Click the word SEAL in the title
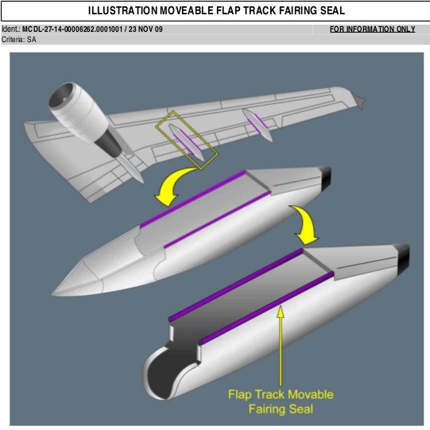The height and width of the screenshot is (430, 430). [333, 10]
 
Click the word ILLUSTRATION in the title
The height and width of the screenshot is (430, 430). [122, 10]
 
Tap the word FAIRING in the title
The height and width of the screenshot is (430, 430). [298, 10]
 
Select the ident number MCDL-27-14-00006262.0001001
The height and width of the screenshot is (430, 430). [72, 29]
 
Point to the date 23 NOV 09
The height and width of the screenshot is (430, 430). [145, 29]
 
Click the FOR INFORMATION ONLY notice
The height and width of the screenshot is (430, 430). [373, 29]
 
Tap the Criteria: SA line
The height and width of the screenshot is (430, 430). [18, 40]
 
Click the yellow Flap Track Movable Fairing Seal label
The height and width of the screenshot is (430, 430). [281, 401]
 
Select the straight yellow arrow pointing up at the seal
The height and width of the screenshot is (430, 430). [281, 346]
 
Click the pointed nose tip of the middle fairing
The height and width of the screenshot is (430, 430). [52, 295]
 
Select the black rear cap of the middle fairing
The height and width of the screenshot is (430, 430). [325, 178]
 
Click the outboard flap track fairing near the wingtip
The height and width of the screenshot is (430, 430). [258, 125]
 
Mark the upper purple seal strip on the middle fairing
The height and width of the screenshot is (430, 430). [193, 199]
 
